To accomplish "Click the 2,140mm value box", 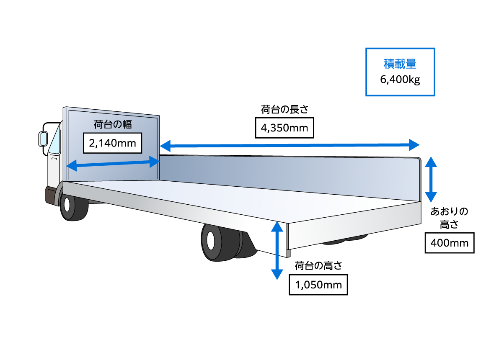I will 112,144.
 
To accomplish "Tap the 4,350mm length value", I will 284,128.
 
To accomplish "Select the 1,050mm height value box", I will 318,285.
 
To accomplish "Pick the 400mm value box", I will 449,242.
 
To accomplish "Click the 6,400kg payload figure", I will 400,80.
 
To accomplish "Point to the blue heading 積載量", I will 400,64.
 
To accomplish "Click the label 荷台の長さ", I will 284,110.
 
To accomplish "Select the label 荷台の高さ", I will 318,266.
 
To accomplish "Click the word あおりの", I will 449,211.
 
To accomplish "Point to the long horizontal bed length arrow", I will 289,146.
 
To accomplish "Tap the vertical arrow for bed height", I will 276,250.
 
